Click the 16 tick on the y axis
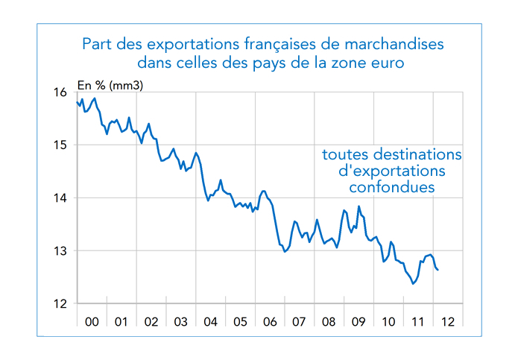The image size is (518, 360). [x=61, y=92]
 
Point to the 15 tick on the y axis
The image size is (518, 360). [x=61, y=145]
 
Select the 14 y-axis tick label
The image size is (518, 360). [x=61, y=198]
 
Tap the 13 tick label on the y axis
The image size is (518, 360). [x=61, y=251]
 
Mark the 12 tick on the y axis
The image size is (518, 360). [x=61, y=304]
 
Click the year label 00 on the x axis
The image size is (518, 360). [x=92, y=322]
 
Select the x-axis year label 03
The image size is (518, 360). [x=180, y=322]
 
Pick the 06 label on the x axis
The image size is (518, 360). [x=269, y=322]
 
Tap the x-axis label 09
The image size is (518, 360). [x=359, y=322]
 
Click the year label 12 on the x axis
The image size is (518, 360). [x=447, y=322]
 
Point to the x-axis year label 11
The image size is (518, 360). [x=417, y=322]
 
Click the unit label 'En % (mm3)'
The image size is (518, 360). [x=110, y=85]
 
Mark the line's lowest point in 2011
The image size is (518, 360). [x=413, y=283]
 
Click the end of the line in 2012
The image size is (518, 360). [x=438, y=270]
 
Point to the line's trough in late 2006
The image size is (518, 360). [x=285, y=252]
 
